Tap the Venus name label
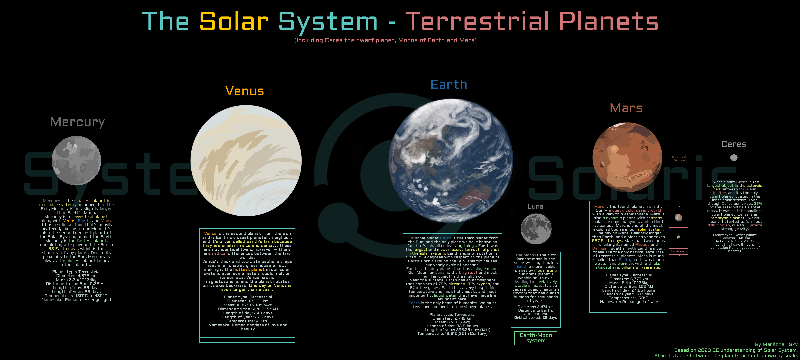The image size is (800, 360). point(245,91)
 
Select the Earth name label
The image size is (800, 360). point(449,84)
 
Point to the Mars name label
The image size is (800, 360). point(626,108)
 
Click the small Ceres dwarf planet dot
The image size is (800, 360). point(734,158)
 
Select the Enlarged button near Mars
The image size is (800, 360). point(679,251)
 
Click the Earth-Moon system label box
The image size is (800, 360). point(536,338)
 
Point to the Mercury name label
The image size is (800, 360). point(78,122)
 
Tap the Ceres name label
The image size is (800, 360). point(734,144)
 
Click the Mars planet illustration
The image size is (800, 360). point(627,157)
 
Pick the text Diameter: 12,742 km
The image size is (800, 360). point(452,318)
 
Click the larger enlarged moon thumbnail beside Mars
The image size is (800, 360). point(679,217)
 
